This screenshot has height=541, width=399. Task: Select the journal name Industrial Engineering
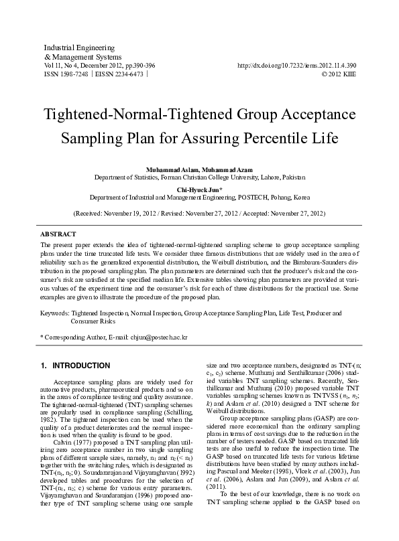coord(79,48)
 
